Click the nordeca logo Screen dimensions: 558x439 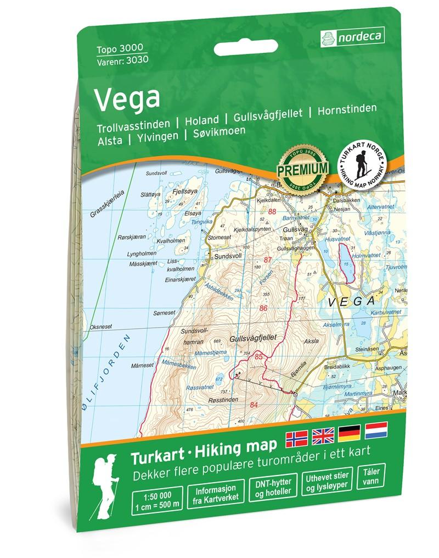tap(352, 37)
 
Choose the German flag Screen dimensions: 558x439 tap(350, 433)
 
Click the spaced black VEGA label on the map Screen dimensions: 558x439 tap(350, 302)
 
